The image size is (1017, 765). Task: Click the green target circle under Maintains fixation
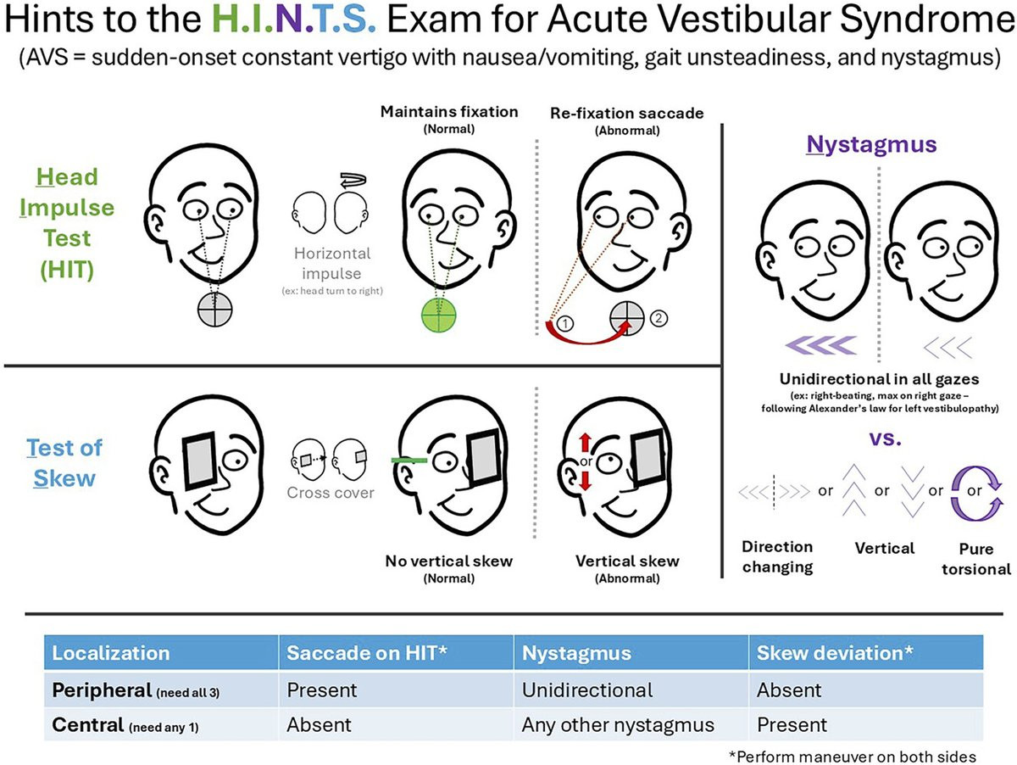(x=439, y=315)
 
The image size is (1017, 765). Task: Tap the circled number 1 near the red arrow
(x=564, y=323)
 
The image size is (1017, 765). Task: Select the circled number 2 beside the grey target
(x=659, y=318)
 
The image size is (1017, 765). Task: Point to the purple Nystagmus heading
(x=871, y=145)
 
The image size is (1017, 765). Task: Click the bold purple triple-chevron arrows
(x=821, y=345)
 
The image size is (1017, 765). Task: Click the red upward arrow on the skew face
(x=585, y=443)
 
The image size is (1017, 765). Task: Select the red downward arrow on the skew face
(x=585, y=480)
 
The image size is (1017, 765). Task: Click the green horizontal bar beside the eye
(x=409, y=460)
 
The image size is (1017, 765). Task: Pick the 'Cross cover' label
(x=331, y=493)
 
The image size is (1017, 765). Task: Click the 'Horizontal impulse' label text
(x=332, y=264)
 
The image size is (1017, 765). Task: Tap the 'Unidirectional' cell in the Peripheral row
(x=587, y=690)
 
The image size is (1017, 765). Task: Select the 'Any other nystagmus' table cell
(x=618, y=724)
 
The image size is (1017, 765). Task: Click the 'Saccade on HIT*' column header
(x=366, y=653)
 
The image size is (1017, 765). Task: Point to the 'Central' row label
(x=88, y=724)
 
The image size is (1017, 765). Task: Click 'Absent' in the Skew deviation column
(x=788, y=690)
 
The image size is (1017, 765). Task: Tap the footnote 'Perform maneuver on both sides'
(x=857, y=757)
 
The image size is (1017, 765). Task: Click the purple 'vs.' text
(x=885, y=438)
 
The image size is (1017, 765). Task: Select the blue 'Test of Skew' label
(x=64, y=463)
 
